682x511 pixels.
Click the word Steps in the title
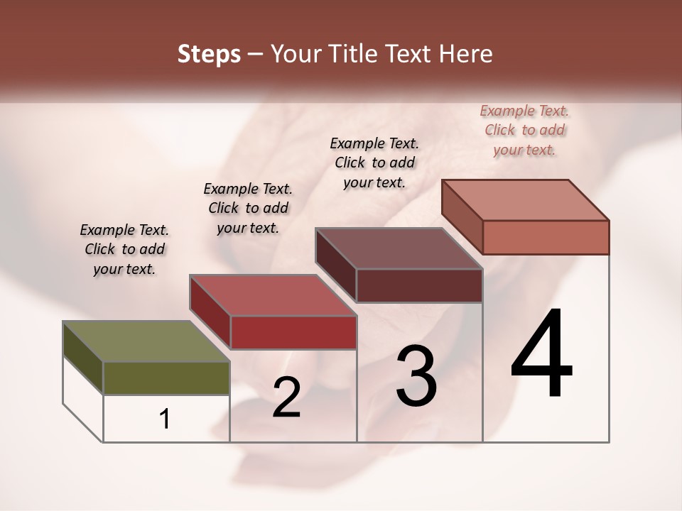(209, 55)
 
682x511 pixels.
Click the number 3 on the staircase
(416, 375)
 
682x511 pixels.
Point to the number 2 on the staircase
(286, 397)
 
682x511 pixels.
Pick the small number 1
(165, 419)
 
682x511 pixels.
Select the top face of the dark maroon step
(399, 248)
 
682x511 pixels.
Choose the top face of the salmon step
(526, 200)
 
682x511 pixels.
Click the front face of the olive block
(166, 378)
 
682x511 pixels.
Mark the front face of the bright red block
(293, 332)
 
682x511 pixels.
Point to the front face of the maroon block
(419, 285)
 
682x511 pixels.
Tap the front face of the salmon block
(546, 237)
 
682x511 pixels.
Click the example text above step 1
(124, 249)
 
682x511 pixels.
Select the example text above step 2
(248, 208)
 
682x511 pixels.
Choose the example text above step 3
(374, 163)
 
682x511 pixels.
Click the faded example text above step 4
(524, 130)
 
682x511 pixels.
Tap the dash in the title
(256, 55)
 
